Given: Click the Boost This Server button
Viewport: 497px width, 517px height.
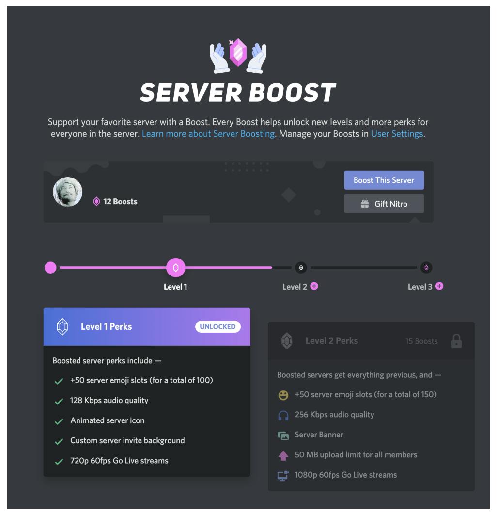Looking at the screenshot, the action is pyautogui.click(x=384, y=180).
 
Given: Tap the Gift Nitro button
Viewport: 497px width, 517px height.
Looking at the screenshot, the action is pyautogui.click(x=384, y=204).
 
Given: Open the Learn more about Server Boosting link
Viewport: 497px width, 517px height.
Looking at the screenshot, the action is pyautogui.click(x=208, y=134).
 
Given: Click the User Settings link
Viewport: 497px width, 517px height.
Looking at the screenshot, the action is pyautogui.click(x=397, y=134).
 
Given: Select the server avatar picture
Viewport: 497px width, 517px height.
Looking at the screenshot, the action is pyautogui.click(x=67, y=192).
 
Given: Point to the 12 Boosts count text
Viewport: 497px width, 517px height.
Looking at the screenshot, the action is pyautogui.click(x=120, y=201).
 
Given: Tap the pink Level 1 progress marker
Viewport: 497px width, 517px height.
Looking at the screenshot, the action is pyautogui.click(x=175, y=267).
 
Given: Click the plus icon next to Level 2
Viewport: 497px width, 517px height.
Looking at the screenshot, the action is pyautogui.click(x=314, y=286).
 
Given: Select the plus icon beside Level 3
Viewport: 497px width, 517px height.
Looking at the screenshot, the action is pyautogui.click(x=439, y=286).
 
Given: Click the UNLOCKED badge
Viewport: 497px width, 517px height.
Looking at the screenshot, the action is pyautogui.click(x=217, y=326).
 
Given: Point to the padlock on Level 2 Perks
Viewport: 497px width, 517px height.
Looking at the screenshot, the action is pyautogui.click(x=456, y=341).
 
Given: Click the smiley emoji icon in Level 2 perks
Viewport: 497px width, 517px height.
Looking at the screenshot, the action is pyautogui.click(x=283, y=395).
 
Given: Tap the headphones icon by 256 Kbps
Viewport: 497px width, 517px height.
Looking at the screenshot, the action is pyautogui.click(x=283, y=415).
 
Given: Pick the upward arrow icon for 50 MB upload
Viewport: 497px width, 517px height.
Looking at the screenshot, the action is pyautogui.click(x=283, y=455).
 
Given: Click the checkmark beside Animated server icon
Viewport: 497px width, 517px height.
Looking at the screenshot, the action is pyautogui.click(x=59, y=421).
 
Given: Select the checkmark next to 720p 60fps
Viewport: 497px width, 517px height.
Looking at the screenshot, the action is pyautogui.click(x=59, y=462).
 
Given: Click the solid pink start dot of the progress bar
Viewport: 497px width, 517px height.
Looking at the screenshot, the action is pyautogui.click(x=50, y=267).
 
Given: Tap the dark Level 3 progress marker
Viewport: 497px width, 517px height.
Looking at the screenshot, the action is pyautogui.click(x=426, y=267).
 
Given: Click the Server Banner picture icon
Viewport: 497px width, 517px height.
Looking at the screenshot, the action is pyautogui.click(x=283, y=436).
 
